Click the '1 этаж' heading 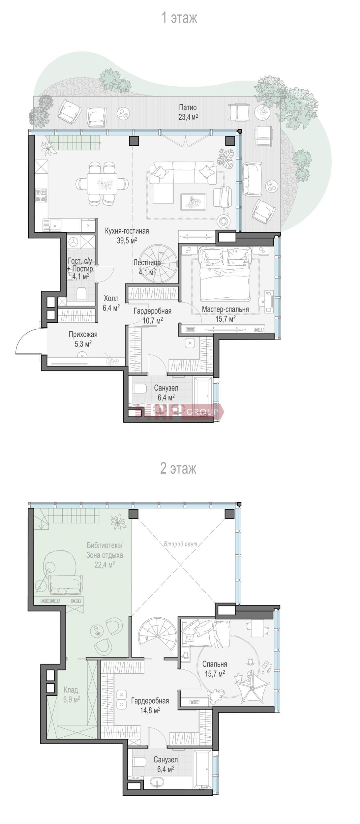point(179,17)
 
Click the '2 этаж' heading point(178,468)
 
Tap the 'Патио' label point(188,107)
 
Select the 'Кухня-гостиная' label point(127,231)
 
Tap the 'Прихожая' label point(83,335)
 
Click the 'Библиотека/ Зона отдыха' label point(105,550)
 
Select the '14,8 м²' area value point(150,709)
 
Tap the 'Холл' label point(111,299)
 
